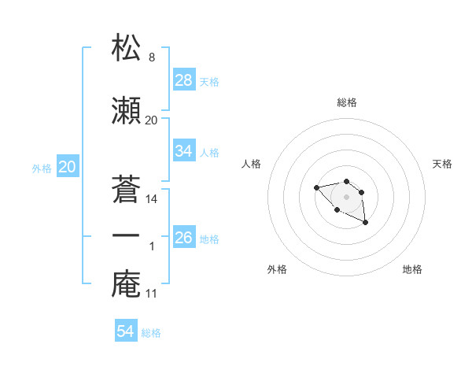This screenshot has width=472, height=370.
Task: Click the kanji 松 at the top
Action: tap(127, 48)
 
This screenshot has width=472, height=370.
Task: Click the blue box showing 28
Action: tap(184, 80)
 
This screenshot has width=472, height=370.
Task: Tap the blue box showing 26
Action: tap(184, 237)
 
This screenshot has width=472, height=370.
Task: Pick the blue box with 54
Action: tap(125, 331)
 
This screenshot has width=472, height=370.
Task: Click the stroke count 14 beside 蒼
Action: tap(152, 199)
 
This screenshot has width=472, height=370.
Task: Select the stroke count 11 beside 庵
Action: tap(152, 294)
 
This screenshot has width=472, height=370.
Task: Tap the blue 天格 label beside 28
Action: tap(209, 81)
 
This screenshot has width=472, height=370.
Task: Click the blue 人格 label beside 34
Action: tap(209, 152)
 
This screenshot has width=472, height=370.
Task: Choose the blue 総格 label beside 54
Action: tap(151, 333)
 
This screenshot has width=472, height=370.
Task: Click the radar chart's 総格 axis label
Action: tap(346, 102)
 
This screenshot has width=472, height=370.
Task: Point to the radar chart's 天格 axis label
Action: tap(442, 164)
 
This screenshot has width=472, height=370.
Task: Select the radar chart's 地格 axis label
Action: tap(412, 269)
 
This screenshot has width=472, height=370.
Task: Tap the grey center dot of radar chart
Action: tap(346, 196)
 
